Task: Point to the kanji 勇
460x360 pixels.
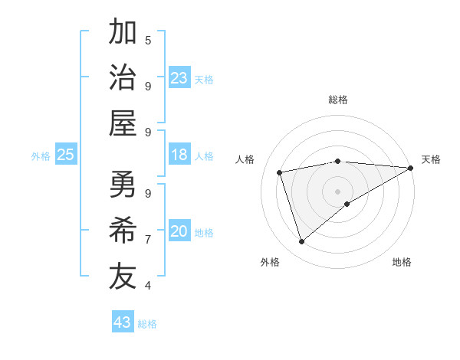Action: pos(123,184)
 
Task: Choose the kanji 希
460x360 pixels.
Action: pos(123,230)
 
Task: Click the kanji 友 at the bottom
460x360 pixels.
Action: pos(123,276)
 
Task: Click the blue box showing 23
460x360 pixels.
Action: pos(179,78)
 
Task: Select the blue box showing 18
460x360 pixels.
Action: pos(179,155)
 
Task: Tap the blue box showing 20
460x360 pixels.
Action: pos(179,232)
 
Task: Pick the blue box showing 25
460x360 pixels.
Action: pos(65,155)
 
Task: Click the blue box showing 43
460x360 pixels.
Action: pos(122,322)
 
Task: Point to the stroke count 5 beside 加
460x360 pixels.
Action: pos(148,40)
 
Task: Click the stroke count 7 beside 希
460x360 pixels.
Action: pos(148,240)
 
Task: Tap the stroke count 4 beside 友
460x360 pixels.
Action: pos(148,286)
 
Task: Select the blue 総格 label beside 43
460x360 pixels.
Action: pos(148,324)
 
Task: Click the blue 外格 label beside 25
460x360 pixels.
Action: pos(41,156)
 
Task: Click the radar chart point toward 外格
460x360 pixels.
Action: pos(301,242)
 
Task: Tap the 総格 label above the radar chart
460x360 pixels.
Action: pos(338,100)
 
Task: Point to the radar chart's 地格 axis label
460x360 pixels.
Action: pos(402,262)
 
